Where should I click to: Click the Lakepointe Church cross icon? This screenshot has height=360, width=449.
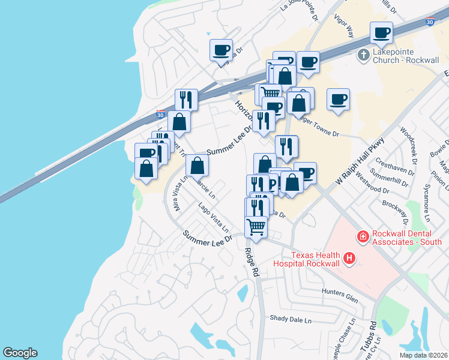coord(363,56)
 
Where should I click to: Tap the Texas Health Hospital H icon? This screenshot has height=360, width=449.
coord(349,259)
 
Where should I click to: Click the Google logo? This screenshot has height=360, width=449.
coord(20,353)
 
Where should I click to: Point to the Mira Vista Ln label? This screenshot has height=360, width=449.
coord(178,195)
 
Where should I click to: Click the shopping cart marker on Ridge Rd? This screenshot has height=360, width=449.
coord(256,227)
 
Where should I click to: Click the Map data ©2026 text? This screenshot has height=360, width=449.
coord(423,355)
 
